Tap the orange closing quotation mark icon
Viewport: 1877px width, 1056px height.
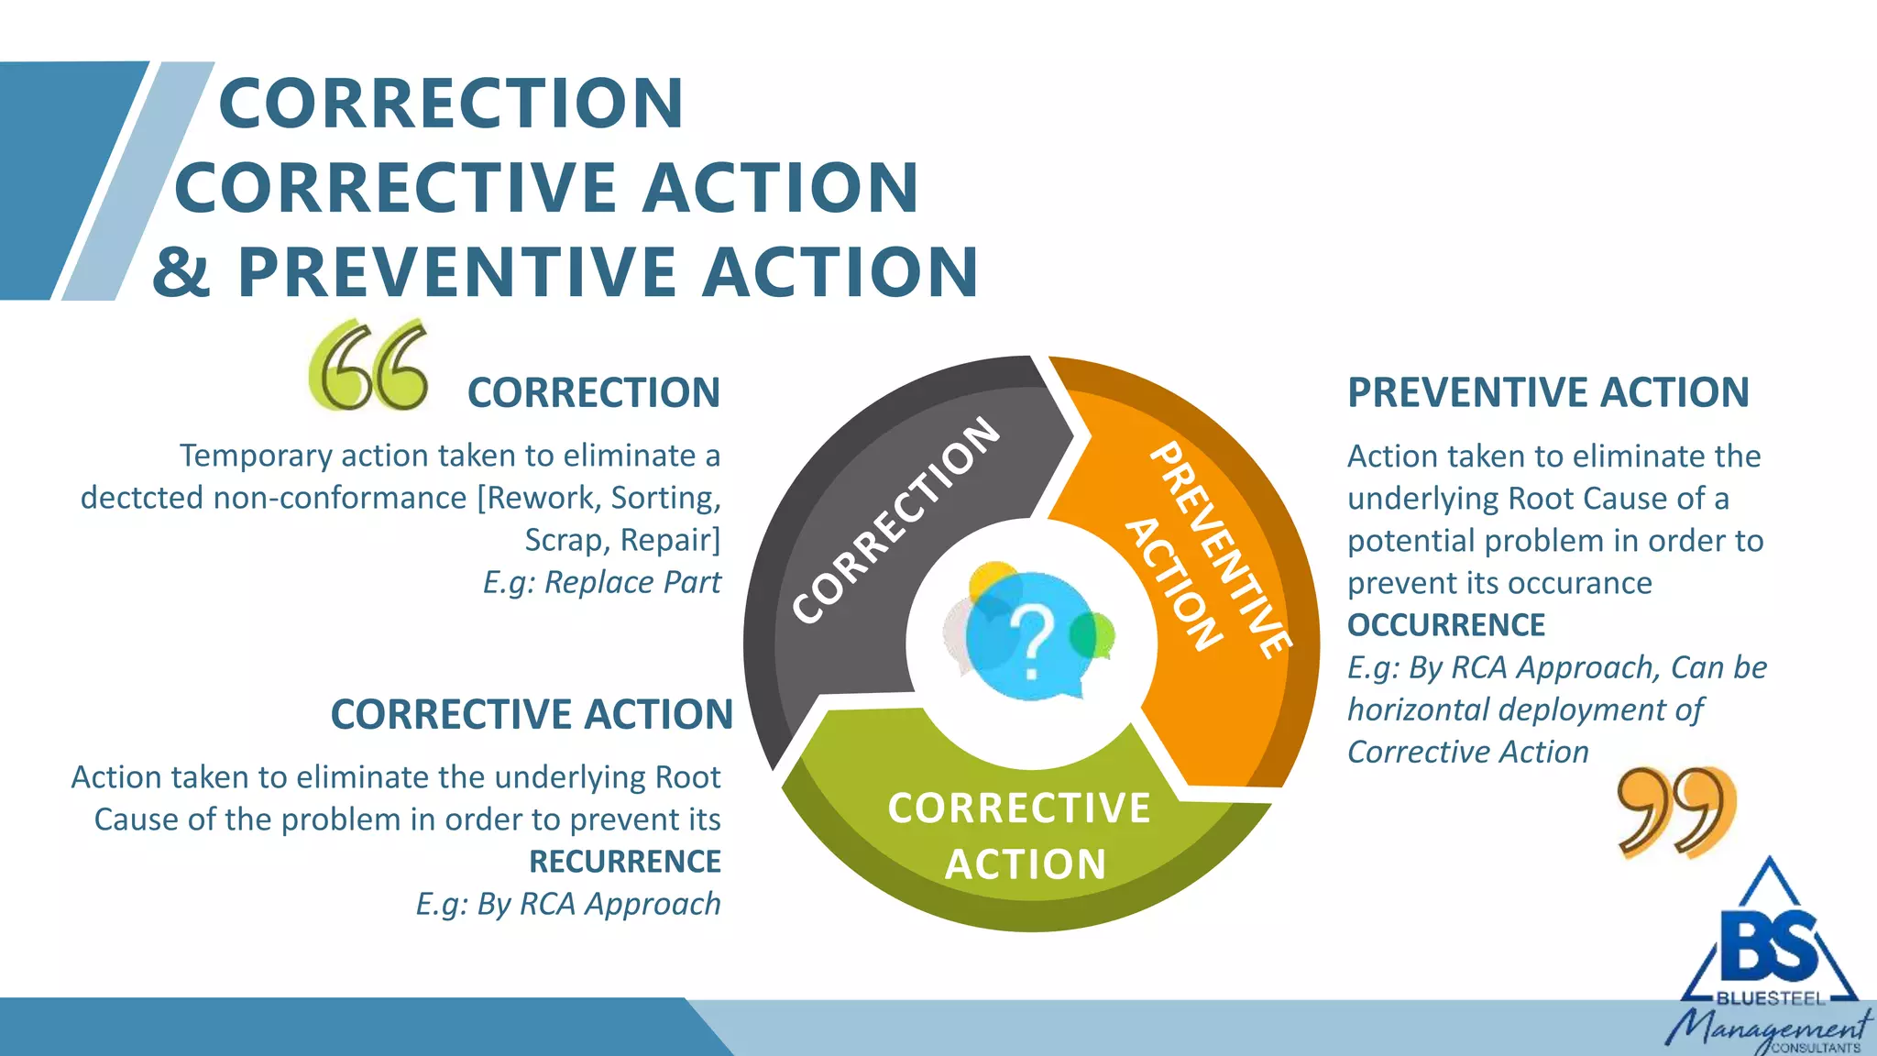(1676, 811)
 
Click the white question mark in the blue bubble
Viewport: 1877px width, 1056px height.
(1032, 642)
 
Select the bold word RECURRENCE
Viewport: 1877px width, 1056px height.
(625, 862)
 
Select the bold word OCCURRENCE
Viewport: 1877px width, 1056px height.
(1445, 625)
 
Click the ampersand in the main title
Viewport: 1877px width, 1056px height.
(181, 272)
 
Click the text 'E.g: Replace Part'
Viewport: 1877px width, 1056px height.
(602, 582)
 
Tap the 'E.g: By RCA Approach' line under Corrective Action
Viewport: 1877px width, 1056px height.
(568, 904)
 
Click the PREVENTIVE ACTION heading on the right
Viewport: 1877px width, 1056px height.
(1548, 392)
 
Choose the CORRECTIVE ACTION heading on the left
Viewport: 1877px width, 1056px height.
(532, 714)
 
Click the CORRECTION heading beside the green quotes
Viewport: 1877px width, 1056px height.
(594, 392)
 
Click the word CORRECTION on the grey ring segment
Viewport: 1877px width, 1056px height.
(895, 520)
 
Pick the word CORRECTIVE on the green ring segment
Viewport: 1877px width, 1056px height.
(1019, 808)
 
